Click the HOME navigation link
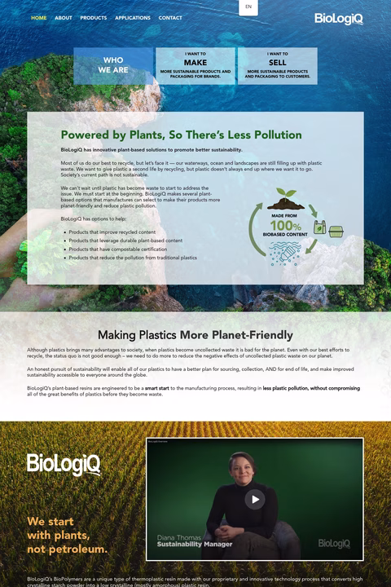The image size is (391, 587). pyautogui.click(x=38, y=18)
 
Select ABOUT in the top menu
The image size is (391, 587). pyautogui.click(x=64, y=18)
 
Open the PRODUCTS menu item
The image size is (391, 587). pyautogui.click(x=94, y=18)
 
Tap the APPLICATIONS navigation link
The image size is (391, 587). pyautogui.click(x=133, y=18)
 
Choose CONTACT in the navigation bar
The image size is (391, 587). pyautogui.click(x=170, y=18)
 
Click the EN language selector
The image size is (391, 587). pyautogui.click(x=248, y=7)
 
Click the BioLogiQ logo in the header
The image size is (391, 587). pyautogui.click(x=339, y=19)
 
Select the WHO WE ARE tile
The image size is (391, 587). pyautogui.click(x=113, y=65)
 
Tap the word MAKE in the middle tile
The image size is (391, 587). pyautogui.click(x=195, y=63)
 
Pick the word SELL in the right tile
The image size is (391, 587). pyautogui.click(x=278, y=63)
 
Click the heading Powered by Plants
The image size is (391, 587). pyautogui.click(x=181, y=135)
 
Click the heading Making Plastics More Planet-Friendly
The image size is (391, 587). pyautogui.click(x=195, y=335)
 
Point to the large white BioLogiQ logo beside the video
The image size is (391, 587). pyautogui.click(x=64, y=464)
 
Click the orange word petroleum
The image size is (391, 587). pyautogui.click(x=75, y=549)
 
